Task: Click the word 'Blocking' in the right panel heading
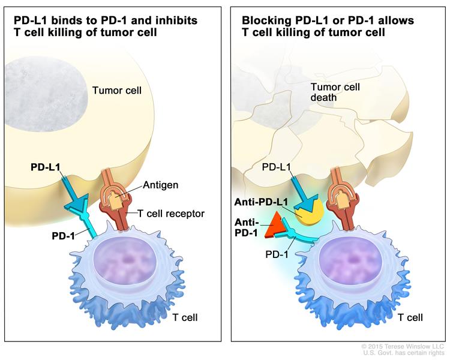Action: (263, 20)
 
